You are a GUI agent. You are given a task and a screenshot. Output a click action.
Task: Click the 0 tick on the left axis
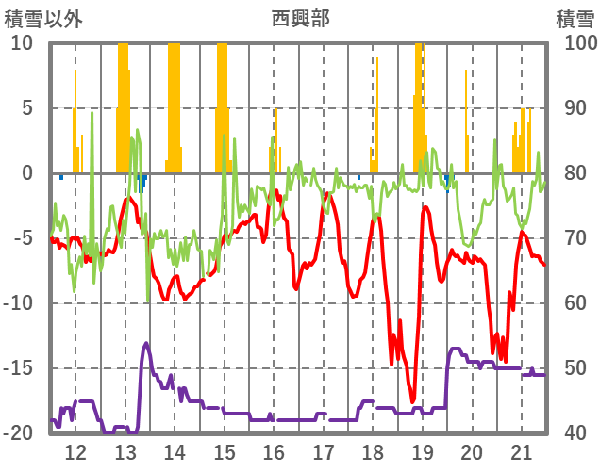tap(27, 173)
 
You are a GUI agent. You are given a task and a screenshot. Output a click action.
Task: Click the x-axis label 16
tap(274, 451)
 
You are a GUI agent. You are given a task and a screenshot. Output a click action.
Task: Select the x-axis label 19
tap(423, 451)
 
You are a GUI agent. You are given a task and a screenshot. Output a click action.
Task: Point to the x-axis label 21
tap(522, 451)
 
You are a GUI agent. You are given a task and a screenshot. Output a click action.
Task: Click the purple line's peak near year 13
tap(146, 343)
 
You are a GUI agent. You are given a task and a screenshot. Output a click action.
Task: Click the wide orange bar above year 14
tap(174, 104)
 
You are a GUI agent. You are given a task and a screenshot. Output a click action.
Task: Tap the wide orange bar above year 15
tap(222, 104)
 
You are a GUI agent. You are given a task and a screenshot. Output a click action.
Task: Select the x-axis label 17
tap(324, 451)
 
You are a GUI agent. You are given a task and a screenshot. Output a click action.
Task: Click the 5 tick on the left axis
tap(27, 108)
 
